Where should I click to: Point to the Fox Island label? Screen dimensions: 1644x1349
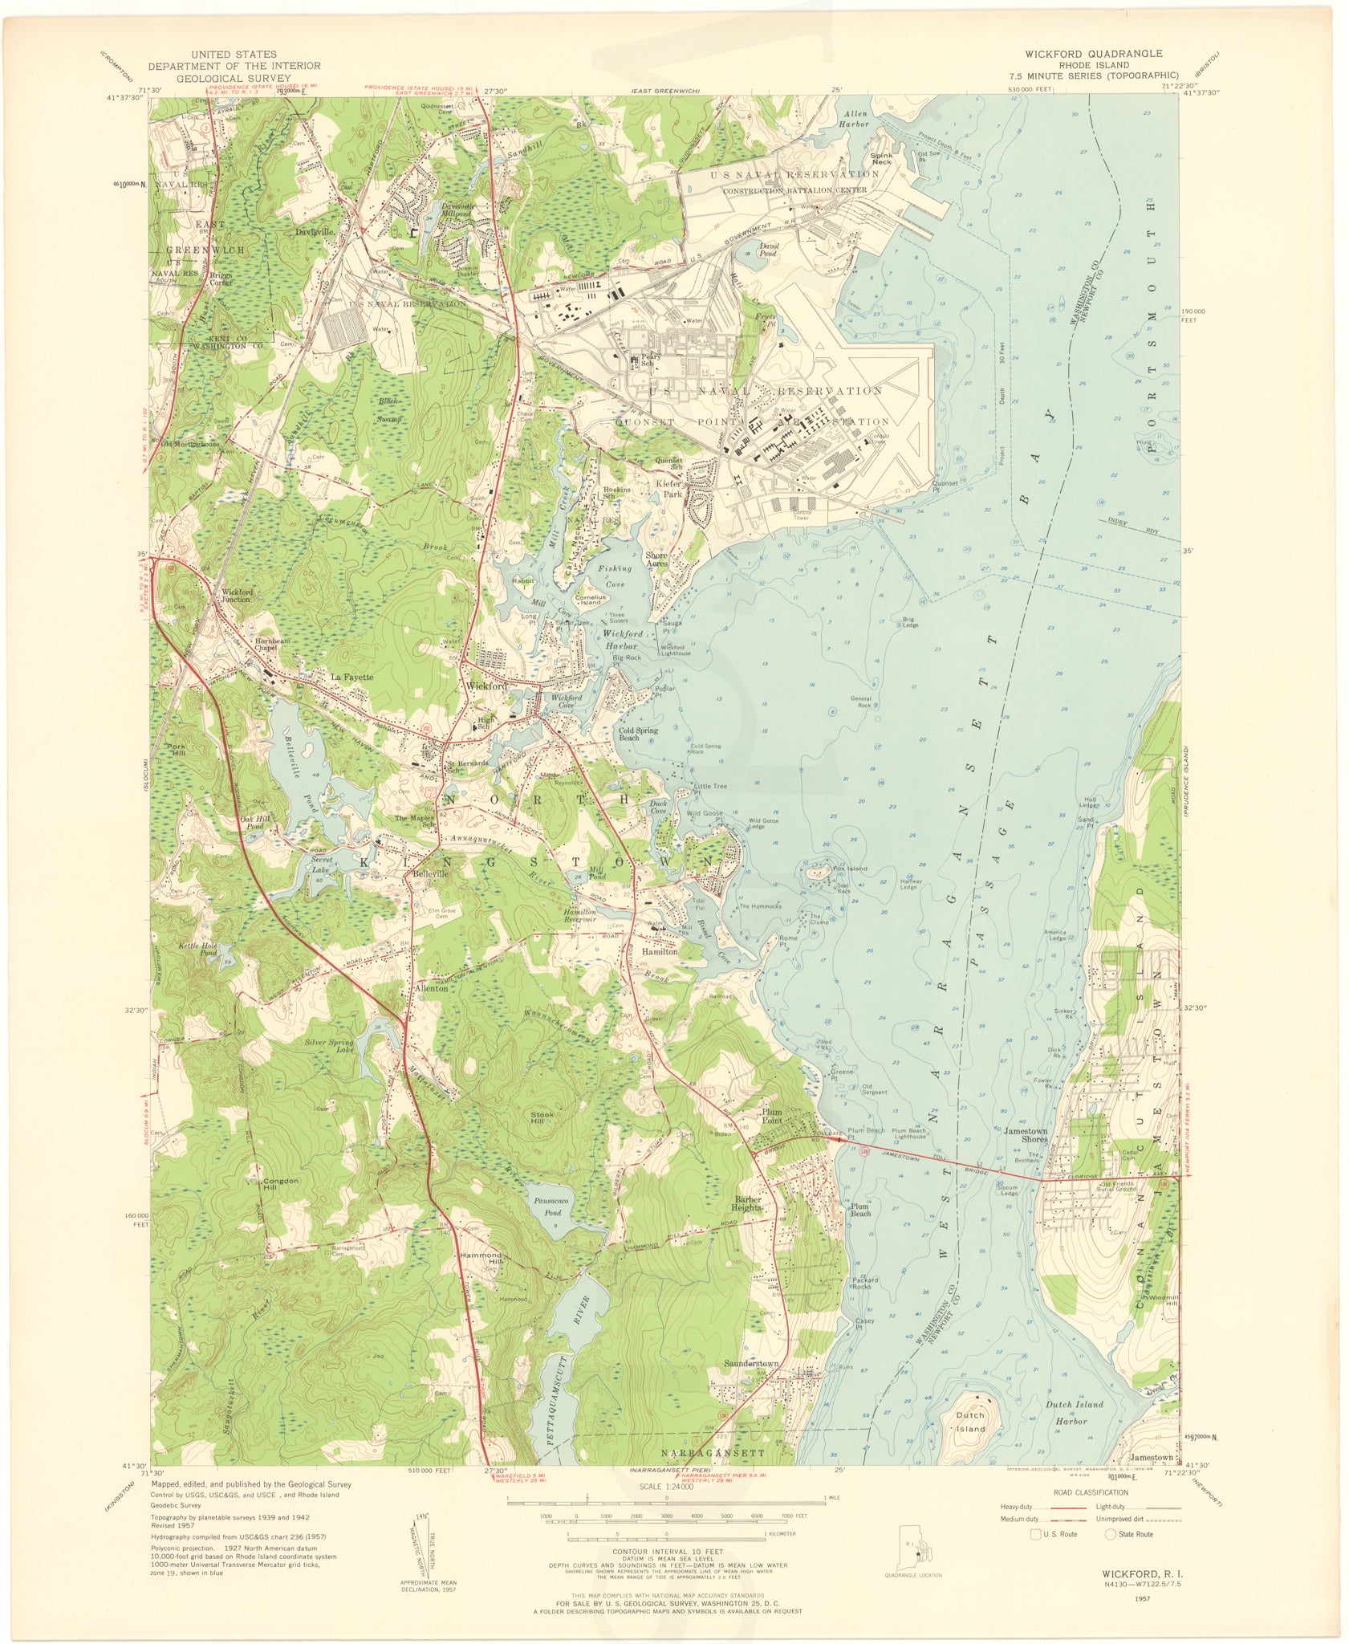[x=850, y=869]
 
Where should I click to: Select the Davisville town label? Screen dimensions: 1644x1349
[x=315, y=232]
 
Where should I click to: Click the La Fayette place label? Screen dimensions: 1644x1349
[x=353, y=677]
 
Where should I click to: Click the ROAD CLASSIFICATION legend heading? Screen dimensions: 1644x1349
[x=1091, y=1492]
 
